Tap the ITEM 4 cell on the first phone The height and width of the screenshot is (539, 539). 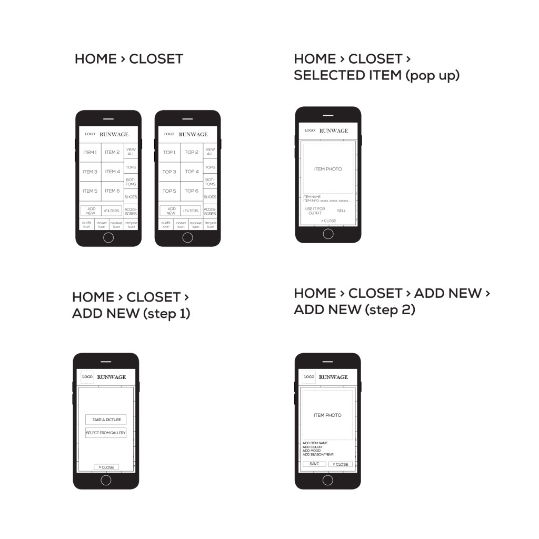click(112, 172)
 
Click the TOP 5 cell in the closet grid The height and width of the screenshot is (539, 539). click(169, 191)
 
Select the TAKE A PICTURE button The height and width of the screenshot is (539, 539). click(106, 420)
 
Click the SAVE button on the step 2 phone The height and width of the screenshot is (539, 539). click(314, 464)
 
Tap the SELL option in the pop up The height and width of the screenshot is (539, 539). click(342, 211)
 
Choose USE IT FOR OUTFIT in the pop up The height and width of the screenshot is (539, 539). click(315, 211)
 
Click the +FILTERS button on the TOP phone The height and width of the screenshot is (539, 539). click(191, 211)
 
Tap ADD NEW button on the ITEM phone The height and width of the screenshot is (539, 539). click(91, 211)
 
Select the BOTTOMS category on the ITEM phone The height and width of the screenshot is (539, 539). click(131, 182)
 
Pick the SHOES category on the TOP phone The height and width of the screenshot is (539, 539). click(210, 197)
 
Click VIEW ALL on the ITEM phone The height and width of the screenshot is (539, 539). click(131, 152)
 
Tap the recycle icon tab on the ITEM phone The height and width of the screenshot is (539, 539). click(131, 225)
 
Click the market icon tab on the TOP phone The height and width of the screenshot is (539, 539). click(195, 225)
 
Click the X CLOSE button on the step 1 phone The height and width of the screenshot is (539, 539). click(106, 467)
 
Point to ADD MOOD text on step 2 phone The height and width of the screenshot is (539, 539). click(312, 451)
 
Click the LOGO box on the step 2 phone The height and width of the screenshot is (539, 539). click(309, 377)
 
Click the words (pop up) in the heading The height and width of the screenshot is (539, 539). click(432, 75)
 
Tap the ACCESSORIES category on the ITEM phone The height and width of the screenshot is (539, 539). click(131, 211)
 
